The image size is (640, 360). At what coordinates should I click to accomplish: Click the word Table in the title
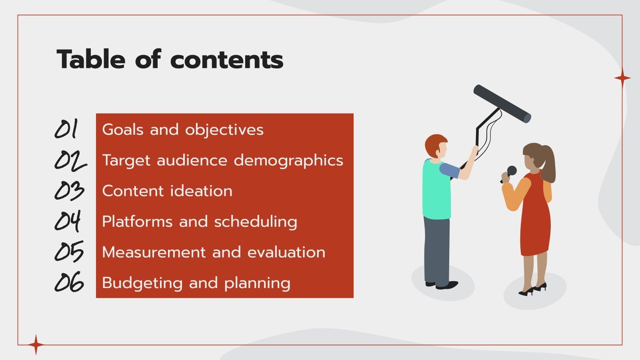91,60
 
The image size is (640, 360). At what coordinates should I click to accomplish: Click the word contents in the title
227,60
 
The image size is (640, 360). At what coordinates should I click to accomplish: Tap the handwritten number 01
66,129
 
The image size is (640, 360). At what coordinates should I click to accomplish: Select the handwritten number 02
70,160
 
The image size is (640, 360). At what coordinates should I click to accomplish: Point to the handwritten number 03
69,191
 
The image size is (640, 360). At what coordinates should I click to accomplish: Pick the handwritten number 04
68,221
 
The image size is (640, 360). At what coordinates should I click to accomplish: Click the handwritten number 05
69,252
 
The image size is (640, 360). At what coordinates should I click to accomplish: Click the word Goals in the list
123,130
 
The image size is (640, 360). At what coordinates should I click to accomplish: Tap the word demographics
288,160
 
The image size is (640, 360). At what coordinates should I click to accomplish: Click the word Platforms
137,222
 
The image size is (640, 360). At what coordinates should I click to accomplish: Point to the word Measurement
154,252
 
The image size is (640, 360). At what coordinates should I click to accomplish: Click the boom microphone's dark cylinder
502,104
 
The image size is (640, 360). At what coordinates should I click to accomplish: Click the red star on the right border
622,78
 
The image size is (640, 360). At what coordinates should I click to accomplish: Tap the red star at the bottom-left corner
36,344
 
